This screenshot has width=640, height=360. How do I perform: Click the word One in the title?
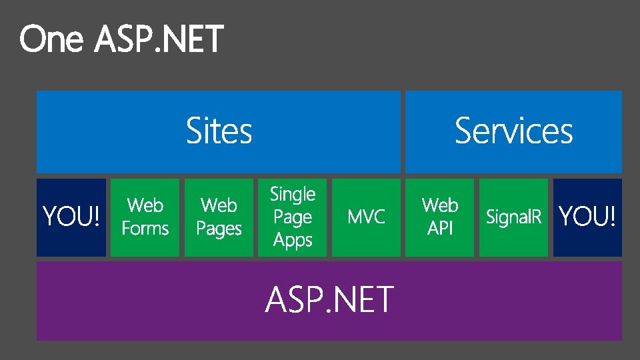click(x=51, y=39)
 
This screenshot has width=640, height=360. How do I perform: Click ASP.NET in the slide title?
click(x=159, y=39)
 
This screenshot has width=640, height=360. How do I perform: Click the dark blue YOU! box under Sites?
click(x=71, y=217)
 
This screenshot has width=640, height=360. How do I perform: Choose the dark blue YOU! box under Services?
click(x=587, y=217)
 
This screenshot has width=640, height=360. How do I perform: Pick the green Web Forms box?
click(x=145, y=217)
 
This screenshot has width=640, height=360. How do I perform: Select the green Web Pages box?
click(x=219, y=217)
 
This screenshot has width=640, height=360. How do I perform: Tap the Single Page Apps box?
click(x=293, y=217)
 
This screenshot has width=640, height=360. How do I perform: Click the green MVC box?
click(x=366, y=217)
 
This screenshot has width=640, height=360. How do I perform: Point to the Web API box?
click(x=440, y=217)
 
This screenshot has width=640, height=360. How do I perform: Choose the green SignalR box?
click(x=513, y=217)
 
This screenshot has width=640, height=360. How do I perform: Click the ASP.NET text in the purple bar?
click(x=329, y=299)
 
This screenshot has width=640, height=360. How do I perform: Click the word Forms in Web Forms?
click(x=145, y=229)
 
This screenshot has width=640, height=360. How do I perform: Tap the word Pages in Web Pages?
click(x=219, y=229)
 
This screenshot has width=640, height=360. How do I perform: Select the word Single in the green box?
click(x=293, y=195)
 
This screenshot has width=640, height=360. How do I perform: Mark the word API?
click(x=440, y=229)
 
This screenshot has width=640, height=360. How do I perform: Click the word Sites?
click(x=219, y=131)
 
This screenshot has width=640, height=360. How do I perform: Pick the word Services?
click(x=513, y=131)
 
